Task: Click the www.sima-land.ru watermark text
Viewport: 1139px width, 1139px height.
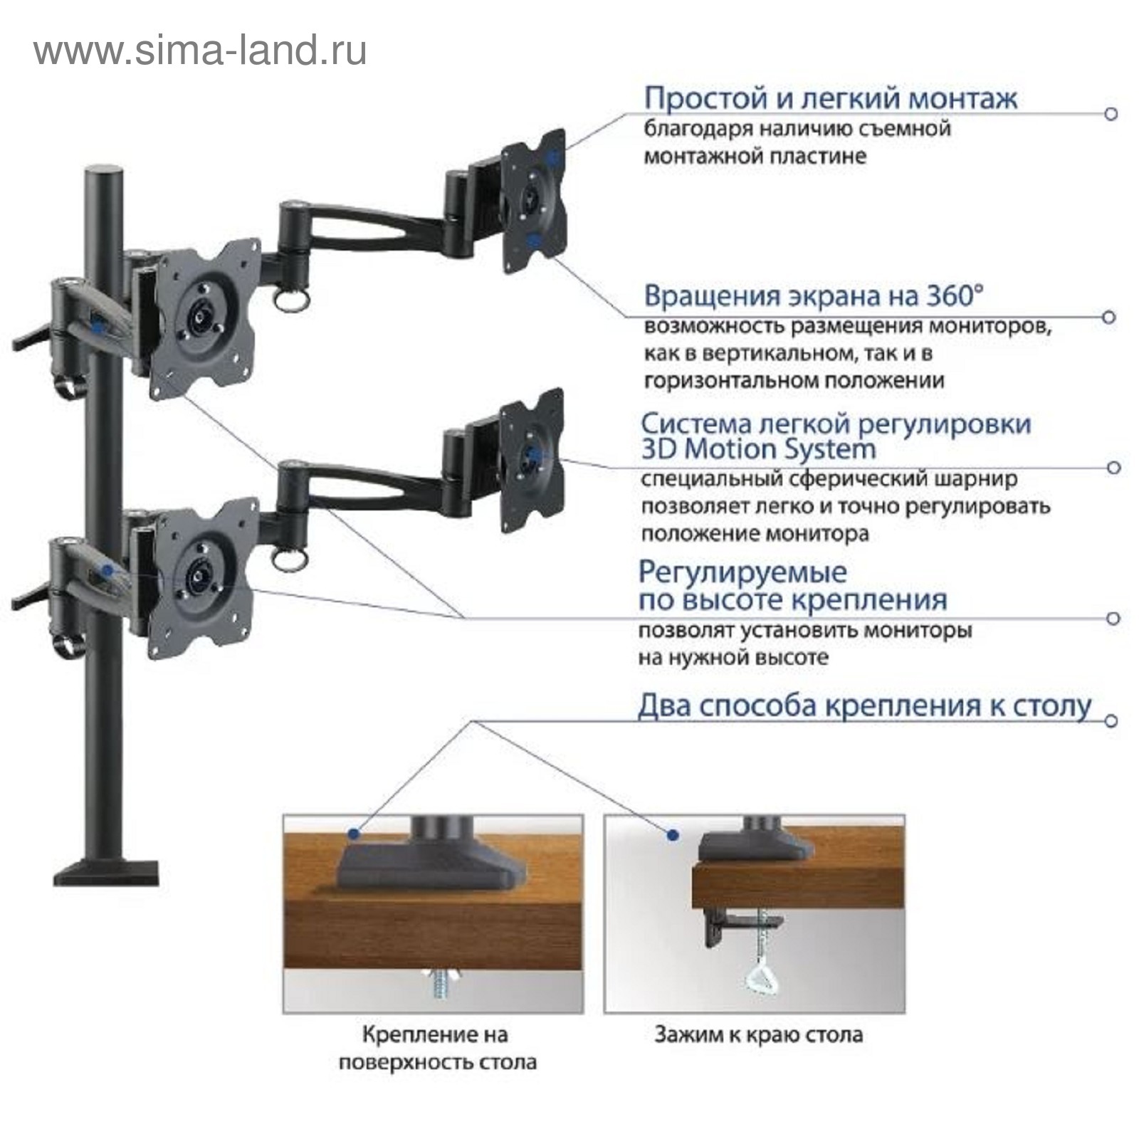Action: pos(200,51)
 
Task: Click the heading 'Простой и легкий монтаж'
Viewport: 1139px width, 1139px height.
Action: pos(830,98)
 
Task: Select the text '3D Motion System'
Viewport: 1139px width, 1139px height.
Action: pos(758,449)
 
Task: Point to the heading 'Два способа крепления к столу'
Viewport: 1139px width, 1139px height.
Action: pos(864,705)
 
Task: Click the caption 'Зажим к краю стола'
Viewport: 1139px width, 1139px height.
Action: pos(758,1034)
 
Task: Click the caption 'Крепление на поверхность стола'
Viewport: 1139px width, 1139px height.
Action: pos(436,1048)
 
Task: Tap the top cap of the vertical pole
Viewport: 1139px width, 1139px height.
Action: pos(105,173)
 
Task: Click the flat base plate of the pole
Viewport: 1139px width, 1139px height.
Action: pos(106,873)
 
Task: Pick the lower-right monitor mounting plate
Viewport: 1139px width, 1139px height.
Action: pos(532,460)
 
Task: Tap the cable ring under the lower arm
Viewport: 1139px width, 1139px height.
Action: pos(292,558)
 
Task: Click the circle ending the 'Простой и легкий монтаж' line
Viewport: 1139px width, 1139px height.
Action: pos(1111,114)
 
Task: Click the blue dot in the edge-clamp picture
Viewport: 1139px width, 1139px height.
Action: pos(672,834)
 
